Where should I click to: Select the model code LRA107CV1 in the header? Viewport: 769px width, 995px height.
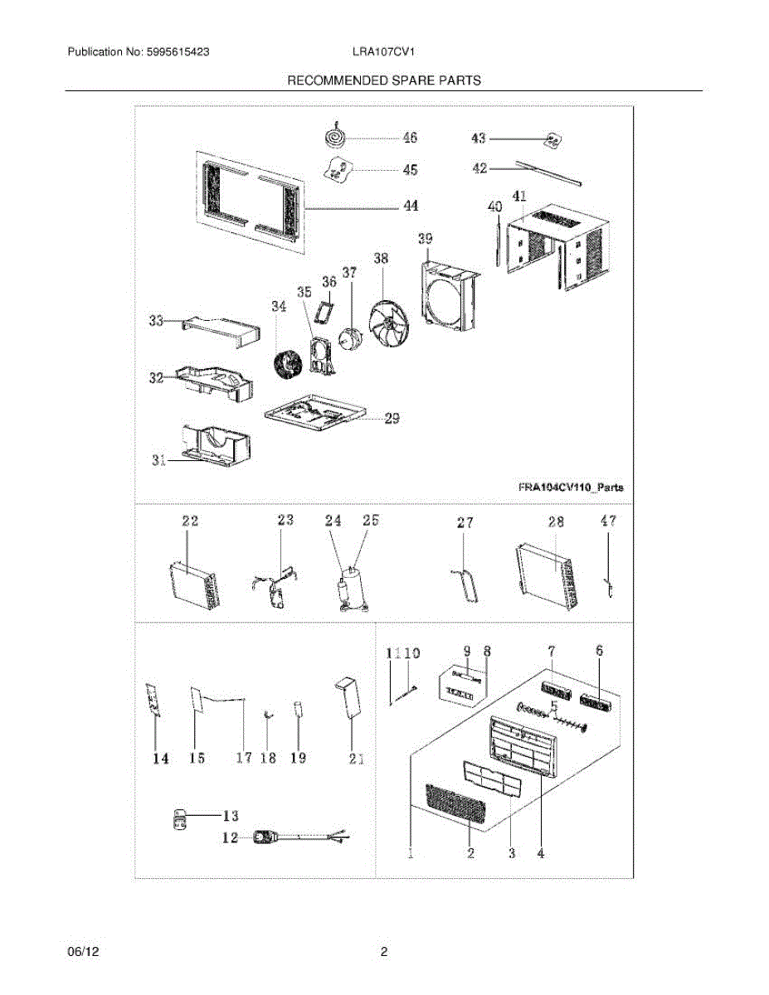click(x=382, y=51)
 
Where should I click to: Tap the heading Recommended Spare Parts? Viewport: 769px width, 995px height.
click(x=383, y=80)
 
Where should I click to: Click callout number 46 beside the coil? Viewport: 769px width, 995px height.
click(x=410, y=138)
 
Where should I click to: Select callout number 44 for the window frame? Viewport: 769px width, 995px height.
click(x=410, y=206)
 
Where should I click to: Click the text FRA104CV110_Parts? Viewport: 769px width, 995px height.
click(x=566, y=487)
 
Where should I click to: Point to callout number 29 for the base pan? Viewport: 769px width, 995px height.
click(x=391, y=419)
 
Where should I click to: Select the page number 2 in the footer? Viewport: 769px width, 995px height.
click(x=383, y=953)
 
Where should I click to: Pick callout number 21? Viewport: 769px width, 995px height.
click(x=356, y=757)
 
